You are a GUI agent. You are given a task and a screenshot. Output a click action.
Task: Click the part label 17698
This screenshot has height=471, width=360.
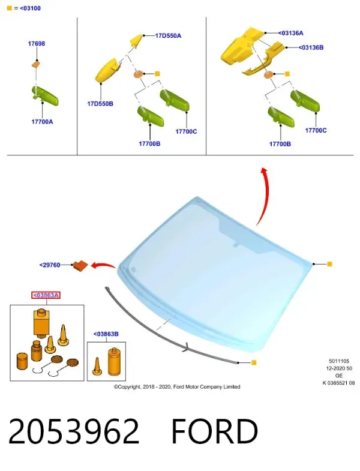pyautogui.click(x=37, y=44)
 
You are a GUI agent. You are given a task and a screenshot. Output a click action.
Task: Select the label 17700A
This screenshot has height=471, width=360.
pyautogui.click(x=42, y=122)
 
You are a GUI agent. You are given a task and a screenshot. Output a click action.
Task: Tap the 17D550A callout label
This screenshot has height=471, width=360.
pyautogui.click(x=168, y=36)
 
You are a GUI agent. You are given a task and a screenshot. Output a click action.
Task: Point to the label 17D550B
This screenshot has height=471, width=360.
pyautogui.click(x=100, y=104)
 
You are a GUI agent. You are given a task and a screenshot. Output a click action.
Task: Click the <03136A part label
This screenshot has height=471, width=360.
pyautogui.click(x=290, y=33)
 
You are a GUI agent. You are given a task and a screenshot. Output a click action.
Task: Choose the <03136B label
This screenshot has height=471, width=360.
pyautogui.click(x=311, y=47)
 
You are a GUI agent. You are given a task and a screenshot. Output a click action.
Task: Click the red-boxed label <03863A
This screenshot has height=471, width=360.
pyautogui.click(x=46, y=295)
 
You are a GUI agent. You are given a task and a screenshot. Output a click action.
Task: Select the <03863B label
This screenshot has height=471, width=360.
pyautogui.click(x=106, y=334)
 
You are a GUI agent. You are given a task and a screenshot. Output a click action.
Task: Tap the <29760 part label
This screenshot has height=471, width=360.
pyautogui.click(x=50, y=265)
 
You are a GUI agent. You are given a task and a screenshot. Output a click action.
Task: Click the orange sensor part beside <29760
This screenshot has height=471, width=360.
pyautogui.click(x=80, y=266)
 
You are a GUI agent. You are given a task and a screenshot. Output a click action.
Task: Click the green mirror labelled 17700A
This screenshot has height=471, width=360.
pyautogui.click(x=45, y=96)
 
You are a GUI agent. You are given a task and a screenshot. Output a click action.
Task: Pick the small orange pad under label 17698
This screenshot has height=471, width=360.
pyautogui.click(x=36, y=64)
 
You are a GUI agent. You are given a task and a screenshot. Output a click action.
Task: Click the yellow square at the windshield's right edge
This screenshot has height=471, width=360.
pyautogui.click(x=329, y=264)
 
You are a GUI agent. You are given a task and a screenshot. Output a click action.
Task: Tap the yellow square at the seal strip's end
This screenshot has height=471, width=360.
pyautogui.click(x=254, y=362)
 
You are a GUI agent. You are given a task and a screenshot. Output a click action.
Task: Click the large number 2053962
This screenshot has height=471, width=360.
pyautogui.click(x=74, y=431)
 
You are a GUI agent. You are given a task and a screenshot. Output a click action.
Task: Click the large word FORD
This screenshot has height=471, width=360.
pyautogui.click(x=215, y=431)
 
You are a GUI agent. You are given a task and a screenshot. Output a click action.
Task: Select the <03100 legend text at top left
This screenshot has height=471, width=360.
pyautogui.click(x=30, y=8)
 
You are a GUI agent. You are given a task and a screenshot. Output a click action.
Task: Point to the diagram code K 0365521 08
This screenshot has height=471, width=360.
pyautogui.click(x=338, y=383)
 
